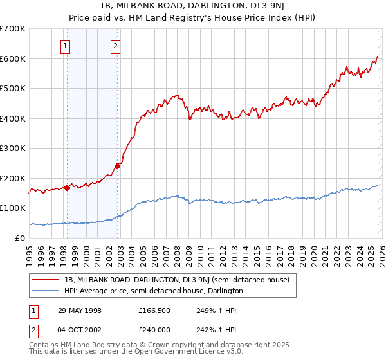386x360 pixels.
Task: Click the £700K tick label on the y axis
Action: pyautogui.click(x=13, y=29)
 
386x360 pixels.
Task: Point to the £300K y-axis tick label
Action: pyautogui.click(x=13, y=148)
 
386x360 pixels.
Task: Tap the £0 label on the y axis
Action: pyautogui.click(x=21, y=238)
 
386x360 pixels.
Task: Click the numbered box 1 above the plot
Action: pyautogui.click(x=66, y=46)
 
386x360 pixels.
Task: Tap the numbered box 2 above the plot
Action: pyautogui.click(x=115, y=46)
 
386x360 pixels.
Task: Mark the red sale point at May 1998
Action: pyautogui.click(x=67, y=188)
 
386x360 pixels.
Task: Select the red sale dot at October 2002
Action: pyautogui.click(x=117, y=166)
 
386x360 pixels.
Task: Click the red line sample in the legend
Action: pyautogui.click(x=46, y=280)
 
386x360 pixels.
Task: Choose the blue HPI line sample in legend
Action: pyautogui.click(x=46, y=291)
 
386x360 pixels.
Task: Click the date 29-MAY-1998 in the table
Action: pyautogui.click(x=79, y=310)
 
